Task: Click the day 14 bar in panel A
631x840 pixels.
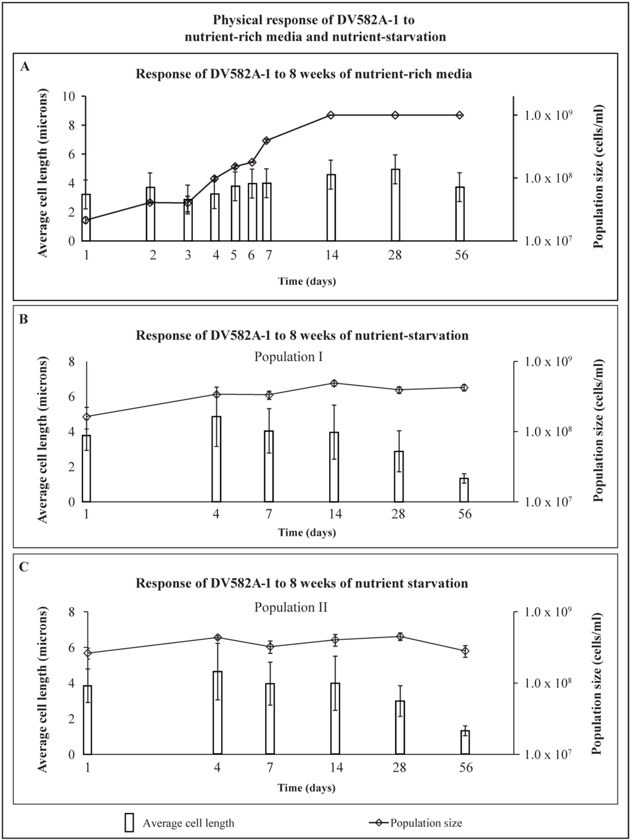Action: point(331,208)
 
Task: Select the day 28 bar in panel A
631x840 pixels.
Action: point(396,204)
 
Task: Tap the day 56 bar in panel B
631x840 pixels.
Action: point(464,490)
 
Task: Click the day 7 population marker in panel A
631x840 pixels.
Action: point(267,140)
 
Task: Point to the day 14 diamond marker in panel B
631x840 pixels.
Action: point(334,383)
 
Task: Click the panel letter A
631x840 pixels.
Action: point(25,67)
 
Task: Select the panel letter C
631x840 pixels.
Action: point(24,567)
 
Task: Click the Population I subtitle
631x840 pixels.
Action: point(288,357)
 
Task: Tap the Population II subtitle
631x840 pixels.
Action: point(291,607)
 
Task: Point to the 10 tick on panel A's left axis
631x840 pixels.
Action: point(70,96)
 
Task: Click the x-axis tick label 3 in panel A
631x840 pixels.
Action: point(187,255)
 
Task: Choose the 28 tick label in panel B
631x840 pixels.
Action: point(398,514)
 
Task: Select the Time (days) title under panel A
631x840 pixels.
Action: point(307,281)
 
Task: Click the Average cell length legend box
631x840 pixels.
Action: point(129,823)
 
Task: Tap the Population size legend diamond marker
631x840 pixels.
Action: point(380,822)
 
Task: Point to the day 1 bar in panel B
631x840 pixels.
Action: point(86,469)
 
